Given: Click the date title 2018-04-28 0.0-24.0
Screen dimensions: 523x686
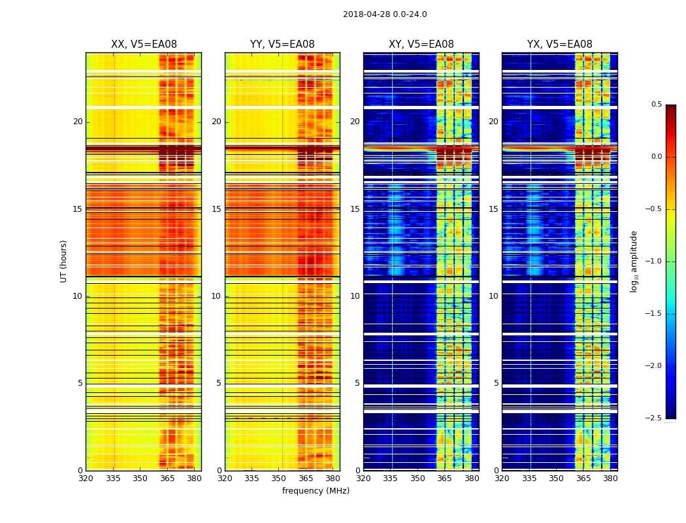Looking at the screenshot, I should click(385, 14).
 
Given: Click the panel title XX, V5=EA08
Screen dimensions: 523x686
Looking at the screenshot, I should click(144, 44).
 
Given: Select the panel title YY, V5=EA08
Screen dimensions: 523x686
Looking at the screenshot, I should click(282, 44).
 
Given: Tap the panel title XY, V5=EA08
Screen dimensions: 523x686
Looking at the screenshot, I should click(421, 44).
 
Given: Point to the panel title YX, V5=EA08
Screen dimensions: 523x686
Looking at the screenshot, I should click(560, 44).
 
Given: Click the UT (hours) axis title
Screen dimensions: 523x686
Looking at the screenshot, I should click(63, 261).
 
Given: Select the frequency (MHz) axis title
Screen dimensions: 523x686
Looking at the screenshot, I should click(316, 491).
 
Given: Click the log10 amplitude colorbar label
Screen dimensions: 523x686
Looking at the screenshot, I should click(633, 261).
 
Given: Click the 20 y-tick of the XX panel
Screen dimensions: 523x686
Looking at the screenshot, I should click(78, 122).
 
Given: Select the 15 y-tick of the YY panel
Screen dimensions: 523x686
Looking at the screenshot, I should click(216, 209).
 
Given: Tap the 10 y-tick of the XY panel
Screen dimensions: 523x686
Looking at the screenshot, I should click(355, 296).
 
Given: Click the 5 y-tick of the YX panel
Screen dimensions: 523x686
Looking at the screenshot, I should click(496, 383).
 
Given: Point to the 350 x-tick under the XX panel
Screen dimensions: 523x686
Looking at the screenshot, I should click(140, 479).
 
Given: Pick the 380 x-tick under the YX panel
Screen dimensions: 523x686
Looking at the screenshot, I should click(610, 479).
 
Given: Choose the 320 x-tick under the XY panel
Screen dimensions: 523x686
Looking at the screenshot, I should click(363, 479).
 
